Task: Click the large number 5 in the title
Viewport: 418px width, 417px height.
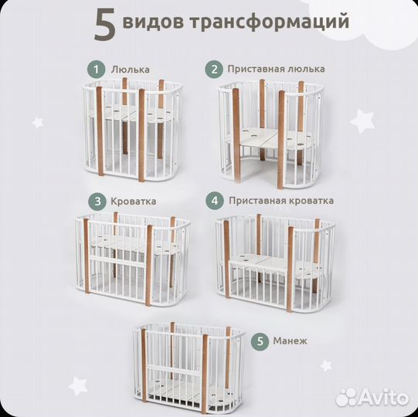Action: point(105,25)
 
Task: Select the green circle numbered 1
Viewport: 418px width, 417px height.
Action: point(95,69)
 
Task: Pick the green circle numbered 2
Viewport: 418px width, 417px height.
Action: point(213,69)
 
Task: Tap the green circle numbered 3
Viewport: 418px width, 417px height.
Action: point(97,201)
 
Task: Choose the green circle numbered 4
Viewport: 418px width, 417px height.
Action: point(214,201)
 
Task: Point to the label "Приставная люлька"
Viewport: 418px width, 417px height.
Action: point(276,69)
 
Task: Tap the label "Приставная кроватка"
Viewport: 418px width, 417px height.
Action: point(281,201)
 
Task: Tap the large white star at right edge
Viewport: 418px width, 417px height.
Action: point(362,120)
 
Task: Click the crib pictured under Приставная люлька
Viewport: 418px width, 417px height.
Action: point(268,131)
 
